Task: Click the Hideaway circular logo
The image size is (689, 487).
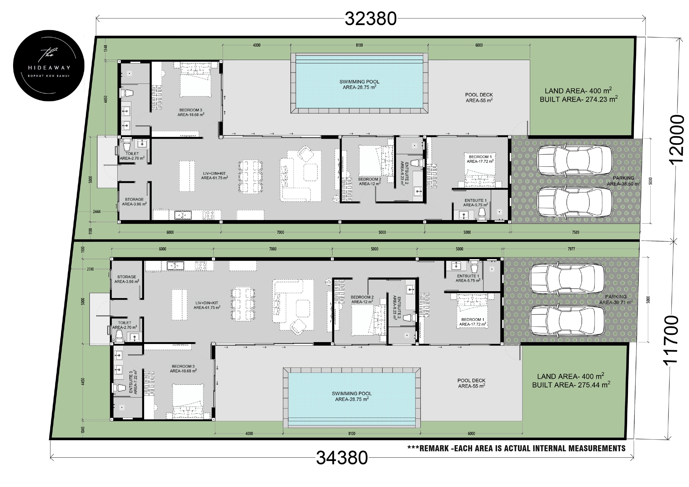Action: click(49, 65)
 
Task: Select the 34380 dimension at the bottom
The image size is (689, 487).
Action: click(342, 458)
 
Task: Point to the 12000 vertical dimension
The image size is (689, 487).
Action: click(677, 140)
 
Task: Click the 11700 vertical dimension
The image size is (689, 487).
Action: click(671, 340)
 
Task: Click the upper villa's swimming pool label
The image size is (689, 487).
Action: click(359, 84)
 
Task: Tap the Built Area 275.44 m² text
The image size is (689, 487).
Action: click(571, 385)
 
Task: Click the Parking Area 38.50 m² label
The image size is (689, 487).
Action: click(623, 181)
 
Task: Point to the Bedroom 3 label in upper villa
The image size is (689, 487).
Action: click(191, 112)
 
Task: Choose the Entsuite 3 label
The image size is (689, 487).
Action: click(133, 382)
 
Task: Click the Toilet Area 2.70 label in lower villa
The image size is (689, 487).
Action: click(124, 325)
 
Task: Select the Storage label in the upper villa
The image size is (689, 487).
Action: click(134, 201)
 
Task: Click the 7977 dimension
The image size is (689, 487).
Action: click(571, 249)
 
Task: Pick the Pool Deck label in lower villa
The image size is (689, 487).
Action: click(471, 383)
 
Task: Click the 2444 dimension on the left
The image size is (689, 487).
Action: click(97, 211)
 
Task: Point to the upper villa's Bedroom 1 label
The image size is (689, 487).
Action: click(480, 159)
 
